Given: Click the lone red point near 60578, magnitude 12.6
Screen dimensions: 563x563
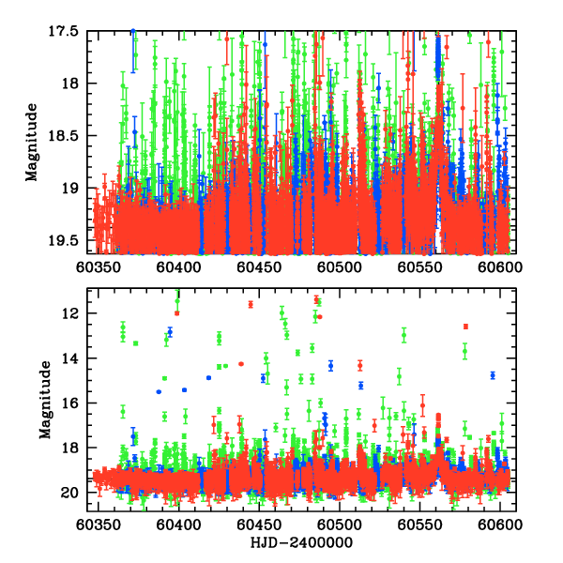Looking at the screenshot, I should (465, 327).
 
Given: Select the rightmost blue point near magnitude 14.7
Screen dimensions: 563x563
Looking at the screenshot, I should (493, 374).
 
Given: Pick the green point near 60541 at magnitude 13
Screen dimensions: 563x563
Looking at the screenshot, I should (404, 335).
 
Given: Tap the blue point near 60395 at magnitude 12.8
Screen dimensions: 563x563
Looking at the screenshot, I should (170, 332).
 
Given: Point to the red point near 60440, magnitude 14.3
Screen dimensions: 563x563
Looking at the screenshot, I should (241, 364).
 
